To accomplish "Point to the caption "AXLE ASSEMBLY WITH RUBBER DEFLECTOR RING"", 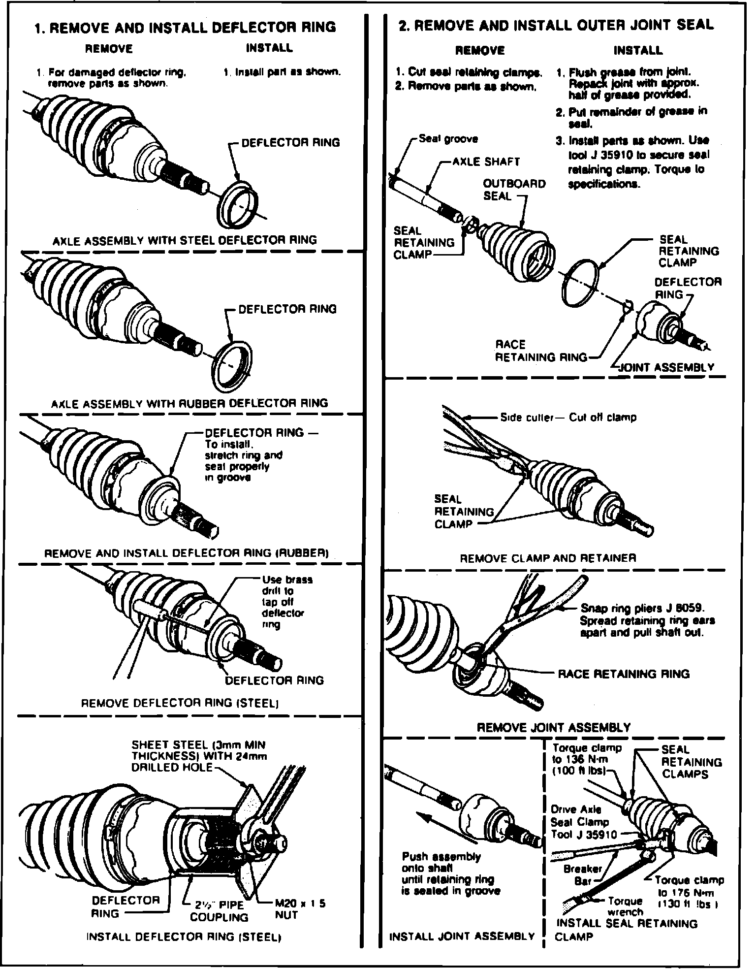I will [x=189, y=403].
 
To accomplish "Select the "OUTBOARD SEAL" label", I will [x=514, y=190].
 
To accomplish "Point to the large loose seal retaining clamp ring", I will [x=581, y=286].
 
